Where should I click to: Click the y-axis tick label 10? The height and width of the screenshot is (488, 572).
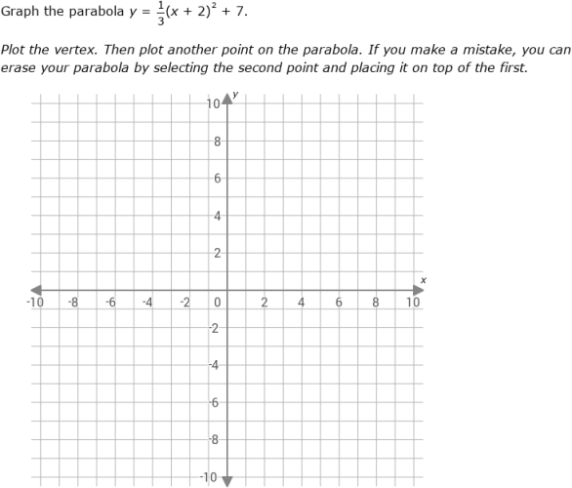click(x=214, y=103)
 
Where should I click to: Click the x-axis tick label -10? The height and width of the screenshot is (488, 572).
click(x=34, y=303)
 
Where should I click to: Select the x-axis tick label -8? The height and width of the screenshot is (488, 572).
click(x=72, y=303)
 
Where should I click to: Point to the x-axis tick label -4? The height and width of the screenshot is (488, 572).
click(x=146, y=303)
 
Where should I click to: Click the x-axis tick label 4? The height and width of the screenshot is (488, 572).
click(x=302, y=303)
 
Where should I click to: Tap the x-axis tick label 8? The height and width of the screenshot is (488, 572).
click(x=376, y=303)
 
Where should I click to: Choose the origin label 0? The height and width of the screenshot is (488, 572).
click(x=219, y=303)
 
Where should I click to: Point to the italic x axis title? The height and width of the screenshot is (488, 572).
click(x=424, y=280)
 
